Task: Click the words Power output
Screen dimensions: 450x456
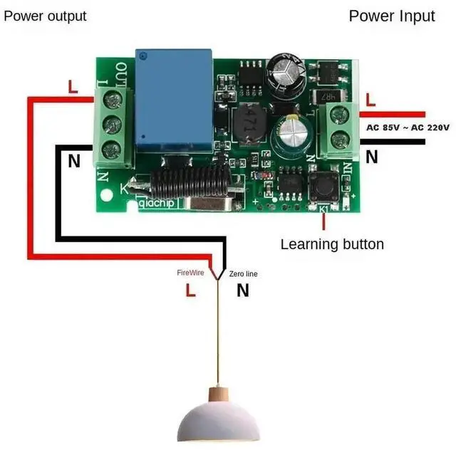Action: [45, 16]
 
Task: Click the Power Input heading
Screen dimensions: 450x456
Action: [391, 16]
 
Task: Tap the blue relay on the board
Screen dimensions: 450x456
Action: [175, 100]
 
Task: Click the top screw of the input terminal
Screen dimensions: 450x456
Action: [339, 114]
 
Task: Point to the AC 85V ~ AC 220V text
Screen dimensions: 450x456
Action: [408, 127]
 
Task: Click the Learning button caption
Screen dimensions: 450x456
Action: [332, 244]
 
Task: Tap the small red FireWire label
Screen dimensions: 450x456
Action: [190, 273]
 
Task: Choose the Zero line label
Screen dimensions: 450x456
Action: [244, 273]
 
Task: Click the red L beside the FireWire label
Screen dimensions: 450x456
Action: [190, 290]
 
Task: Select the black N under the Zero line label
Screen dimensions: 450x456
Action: [242, 290]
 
